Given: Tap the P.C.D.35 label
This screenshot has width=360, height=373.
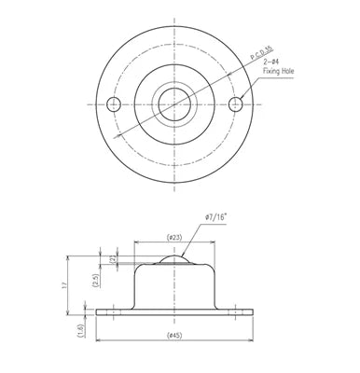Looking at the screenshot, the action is [x=262, y=53].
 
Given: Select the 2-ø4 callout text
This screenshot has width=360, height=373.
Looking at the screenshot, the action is [x=270, y=62].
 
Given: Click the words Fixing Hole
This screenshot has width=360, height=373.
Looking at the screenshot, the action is [x=278, y=71].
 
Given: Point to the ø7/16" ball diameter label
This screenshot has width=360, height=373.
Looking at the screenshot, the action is [x=215, y=217].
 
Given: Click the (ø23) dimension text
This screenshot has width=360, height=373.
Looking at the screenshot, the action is [x=174, y=238].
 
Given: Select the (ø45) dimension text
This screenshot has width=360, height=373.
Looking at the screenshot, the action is [x=174, y=336].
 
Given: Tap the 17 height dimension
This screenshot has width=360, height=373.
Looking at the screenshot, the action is [x=63, y=284].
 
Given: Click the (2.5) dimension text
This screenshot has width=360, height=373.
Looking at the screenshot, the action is [x=96, y=281].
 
